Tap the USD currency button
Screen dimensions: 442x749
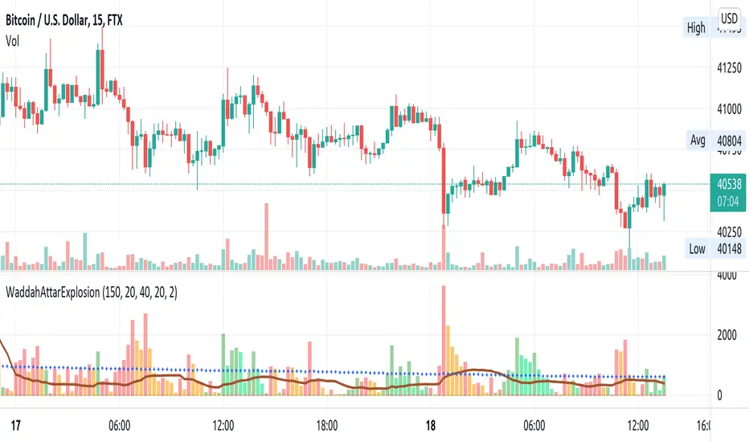(x=730, y=18)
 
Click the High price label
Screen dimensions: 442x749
(x=696, y=28)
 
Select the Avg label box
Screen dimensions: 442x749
(x=697, y=141)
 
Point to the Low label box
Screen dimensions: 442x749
(x=697, y=248)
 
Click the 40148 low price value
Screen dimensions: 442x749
(x=730, y=248)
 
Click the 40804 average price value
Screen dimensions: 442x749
(x=730, y=141)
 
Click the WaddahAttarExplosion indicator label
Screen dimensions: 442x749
(x=91, y=294)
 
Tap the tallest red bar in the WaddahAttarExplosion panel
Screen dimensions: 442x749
(x=443, y=338)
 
